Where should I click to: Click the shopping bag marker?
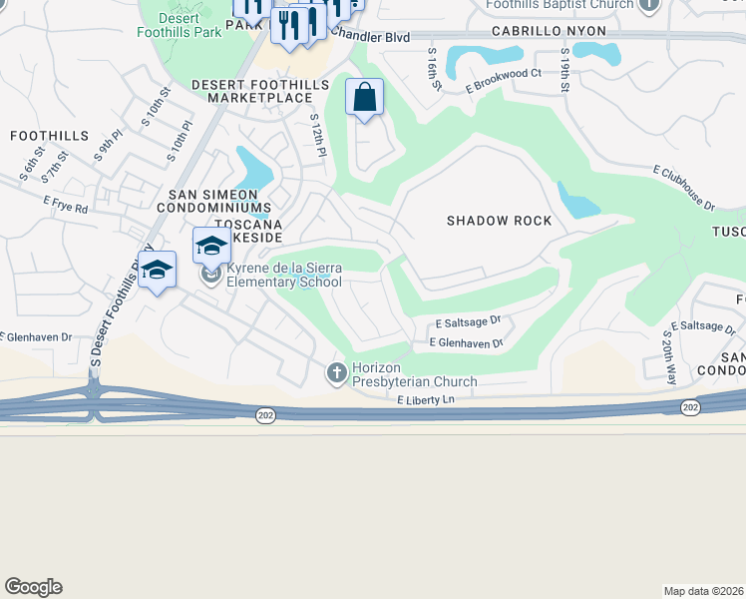[x=365, y=98]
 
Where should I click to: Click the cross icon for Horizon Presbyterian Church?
[x=336, y=373]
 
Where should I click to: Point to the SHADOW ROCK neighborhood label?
[x=499, y=221]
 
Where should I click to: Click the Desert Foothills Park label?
[x=179, y=25]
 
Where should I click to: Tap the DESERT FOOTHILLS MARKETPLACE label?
[x=259, y=92]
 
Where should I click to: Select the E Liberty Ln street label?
[x=425, y=400]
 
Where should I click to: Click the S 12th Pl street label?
[x=317, y=135]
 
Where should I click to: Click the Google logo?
[x=33, y=587]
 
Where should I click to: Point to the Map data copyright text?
[x=703, y=590]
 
